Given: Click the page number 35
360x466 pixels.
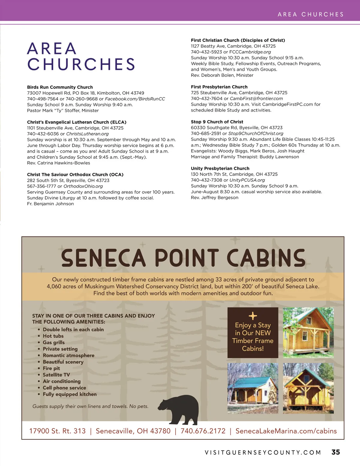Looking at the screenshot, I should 335,452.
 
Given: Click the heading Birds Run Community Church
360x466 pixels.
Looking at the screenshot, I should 60,87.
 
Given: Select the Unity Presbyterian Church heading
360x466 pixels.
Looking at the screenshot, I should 220,168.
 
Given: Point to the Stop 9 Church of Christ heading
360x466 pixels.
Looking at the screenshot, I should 217,122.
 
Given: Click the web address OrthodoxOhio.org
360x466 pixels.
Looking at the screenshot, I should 83,186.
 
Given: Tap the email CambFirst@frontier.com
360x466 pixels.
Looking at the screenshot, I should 256,98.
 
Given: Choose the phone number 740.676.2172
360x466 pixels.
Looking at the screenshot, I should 203,431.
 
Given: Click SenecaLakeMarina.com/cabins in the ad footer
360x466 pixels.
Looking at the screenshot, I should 286,431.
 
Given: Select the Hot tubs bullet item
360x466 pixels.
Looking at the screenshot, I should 53,336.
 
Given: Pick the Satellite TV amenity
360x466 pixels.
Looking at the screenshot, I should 56,375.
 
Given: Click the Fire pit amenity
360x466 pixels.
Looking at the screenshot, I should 51,368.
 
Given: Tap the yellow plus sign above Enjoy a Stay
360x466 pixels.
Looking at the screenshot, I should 253,316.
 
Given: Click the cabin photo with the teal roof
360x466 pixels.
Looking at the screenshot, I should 253,388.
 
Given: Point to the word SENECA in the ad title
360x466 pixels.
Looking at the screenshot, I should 103,258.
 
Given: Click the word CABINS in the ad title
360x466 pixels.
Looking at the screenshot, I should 266,258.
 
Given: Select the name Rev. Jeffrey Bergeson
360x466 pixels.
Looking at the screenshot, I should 214,197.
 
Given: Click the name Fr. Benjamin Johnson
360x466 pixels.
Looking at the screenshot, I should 50,204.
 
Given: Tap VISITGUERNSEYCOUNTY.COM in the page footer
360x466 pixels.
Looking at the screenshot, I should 263,452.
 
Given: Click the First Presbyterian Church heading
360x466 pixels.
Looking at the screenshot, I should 219,87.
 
